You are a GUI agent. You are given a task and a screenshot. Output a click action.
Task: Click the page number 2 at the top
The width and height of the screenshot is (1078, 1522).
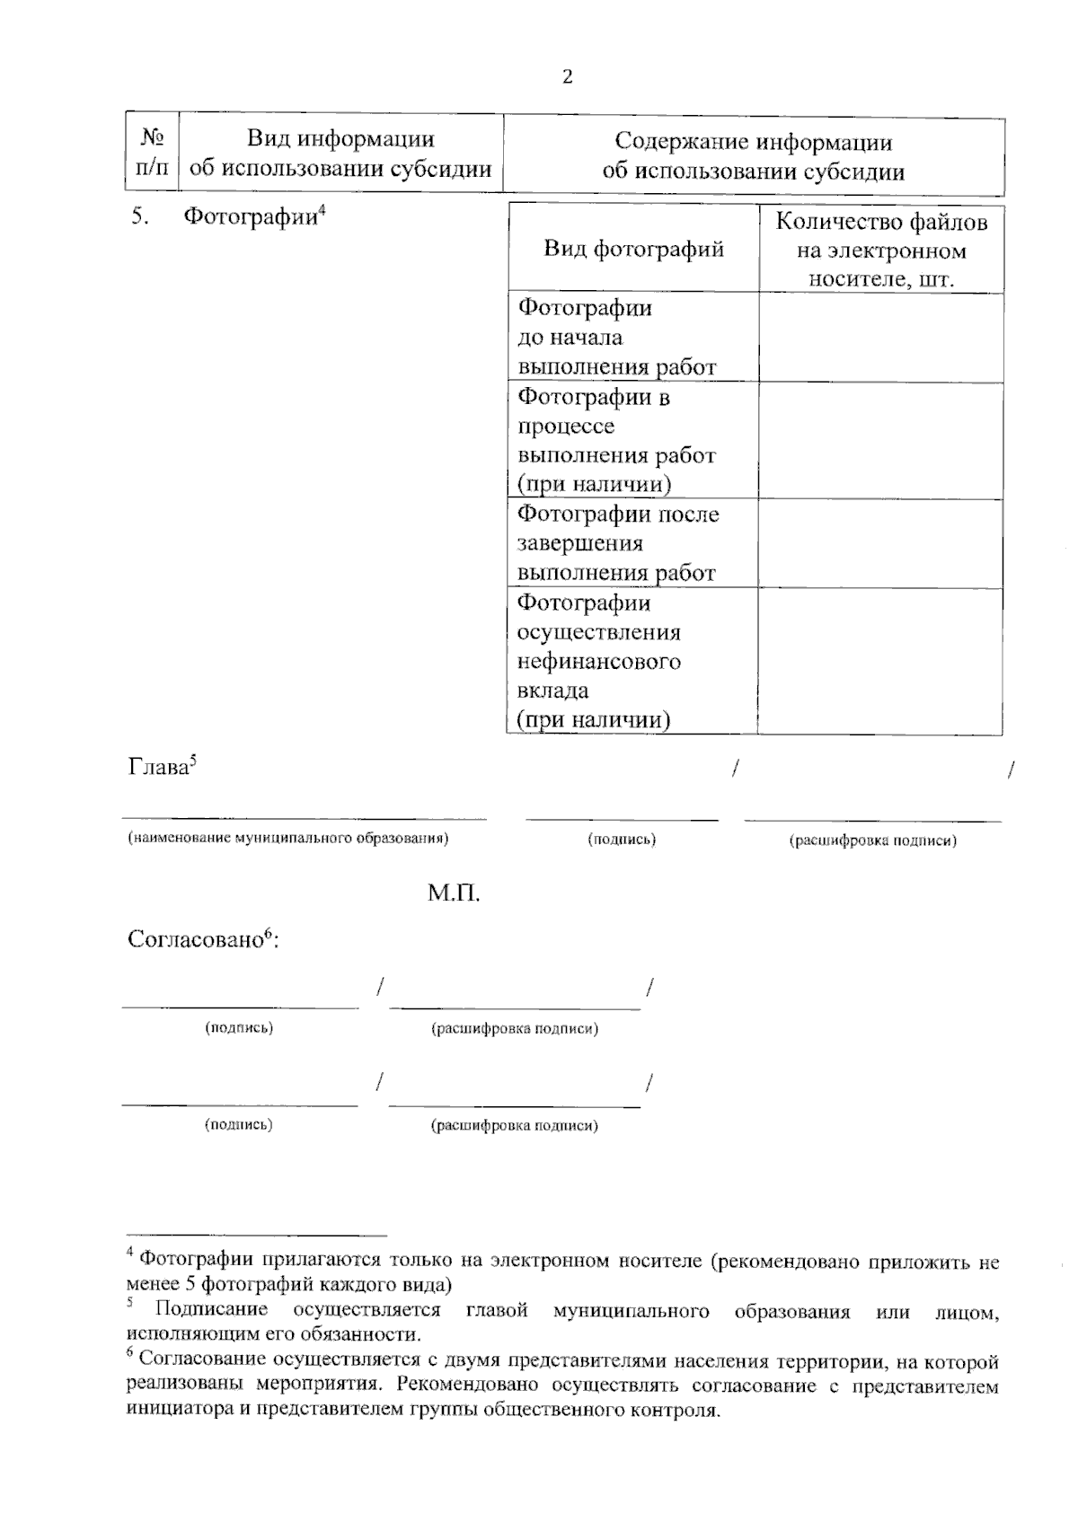click(x=566, y=77)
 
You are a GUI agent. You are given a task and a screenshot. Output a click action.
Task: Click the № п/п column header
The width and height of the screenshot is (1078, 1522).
click(x=152, y=153)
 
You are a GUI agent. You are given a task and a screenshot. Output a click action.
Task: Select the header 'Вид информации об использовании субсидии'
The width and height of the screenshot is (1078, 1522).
click(x=340, y=153)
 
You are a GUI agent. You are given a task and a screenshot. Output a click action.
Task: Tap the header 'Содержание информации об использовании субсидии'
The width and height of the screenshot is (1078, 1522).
click(x=753, y=156)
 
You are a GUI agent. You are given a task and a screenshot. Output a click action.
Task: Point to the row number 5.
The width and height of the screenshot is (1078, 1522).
click(x=138, y=217)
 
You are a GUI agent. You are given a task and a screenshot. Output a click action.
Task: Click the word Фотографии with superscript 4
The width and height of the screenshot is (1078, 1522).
click(x=251, y=217)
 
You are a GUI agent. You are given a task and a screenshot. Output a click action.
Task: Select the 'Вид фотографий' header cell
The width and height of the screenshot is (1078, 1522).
click(x=633, y=248)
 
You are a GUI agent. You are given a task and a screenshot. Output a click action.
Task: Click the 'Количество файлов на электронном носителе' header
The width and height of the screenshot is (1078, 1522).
click(x=880, y=250)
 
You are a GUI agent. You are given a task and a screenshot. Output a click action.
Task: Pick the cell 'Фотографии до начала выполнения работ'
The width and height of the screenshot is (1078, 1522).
click(x=616, y=338)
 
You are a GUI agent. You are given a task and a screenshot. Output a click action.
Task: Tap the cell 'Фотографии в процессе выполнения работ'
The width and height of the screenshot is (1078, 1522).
click(x=616, y=440)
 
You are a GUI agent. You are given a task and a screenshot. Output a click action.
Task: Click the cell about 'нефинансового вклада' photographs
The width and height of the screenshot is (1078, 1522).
click(x=599, y=662)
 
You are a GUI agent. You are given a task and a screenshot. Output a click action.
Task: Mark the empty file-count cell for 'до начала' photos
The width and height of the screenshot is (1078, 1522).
click(x=880, y=338)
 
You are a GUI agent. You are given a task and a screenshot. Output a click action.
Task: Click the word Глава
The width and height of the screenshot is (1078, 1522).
click(x=158, y=769)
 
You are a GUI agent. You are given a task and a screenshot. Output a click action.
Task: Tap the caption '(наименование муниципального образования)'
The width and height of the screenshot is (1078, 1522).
click(x=287, y=839)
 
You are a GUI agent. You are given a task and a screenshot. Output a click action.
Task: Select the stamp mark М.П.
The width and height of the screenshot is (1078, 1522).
click(x=454, y=894)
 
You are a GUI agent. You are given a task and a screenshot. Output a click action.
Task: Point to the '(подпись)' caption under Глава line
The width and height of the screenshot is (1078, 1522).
click(x=622, y=840)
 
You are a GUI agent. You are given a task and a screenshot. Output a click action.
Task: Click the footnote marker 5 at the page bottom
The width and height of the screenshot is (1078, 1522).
click(x=130, y=1301)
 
